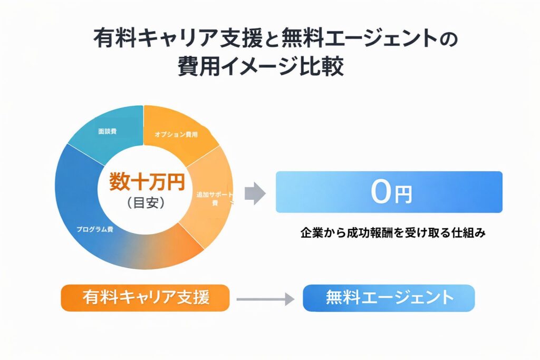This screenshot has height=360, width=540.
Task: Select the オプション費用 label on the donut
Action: tap(176, 135)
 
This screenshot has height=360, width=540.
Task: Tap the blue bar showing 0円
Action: tap(389, 192)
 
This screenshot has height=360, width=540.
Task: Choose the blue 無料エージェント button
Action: tap(389, 298)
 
